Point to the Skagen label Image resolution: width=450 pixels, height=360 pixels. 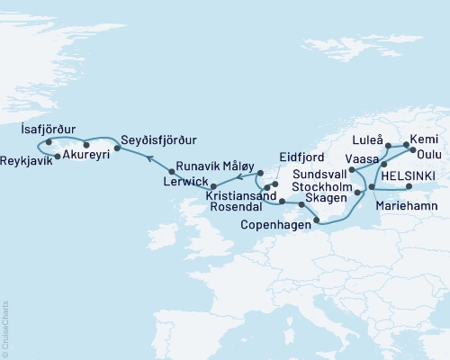click(x=322, y=195)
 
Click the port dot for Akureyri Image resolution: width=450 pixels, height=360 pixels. click(x=86, y=144)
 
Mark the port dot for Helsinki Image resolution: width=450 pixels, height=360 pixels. click(x=408, y=187)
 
